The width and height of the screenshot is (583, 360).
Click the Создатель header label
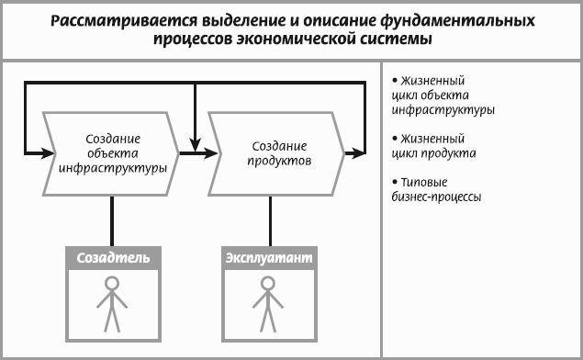coord(114,258)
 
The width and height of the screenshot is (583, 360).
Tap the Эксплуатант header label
coord(269,258)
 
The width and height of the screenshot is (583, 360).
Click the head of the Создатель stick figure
coord(112,284)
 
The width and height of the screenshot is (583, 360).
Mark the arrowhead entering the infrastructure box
coord(48,152)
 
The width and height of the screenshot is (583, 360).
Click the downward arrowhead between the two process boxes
coord(196,144)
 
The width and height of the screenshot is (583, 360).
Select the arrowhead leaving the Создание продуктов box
coord(358,152)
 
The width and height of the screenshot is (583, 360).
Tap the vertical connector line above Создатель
coord(112,221)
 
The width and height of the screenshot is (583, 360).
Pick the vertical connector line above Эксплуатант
coord(270,221)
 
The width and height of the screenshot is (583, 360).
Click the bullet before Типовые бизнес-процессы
coord(395,182)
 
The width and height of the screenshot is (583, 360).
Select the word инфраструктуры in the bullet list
coord(443,110)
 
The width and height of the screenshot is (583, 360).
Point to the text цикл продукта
coord(434,153)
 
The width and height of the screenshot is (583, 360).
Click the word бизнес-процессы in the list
coord(436,197)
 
